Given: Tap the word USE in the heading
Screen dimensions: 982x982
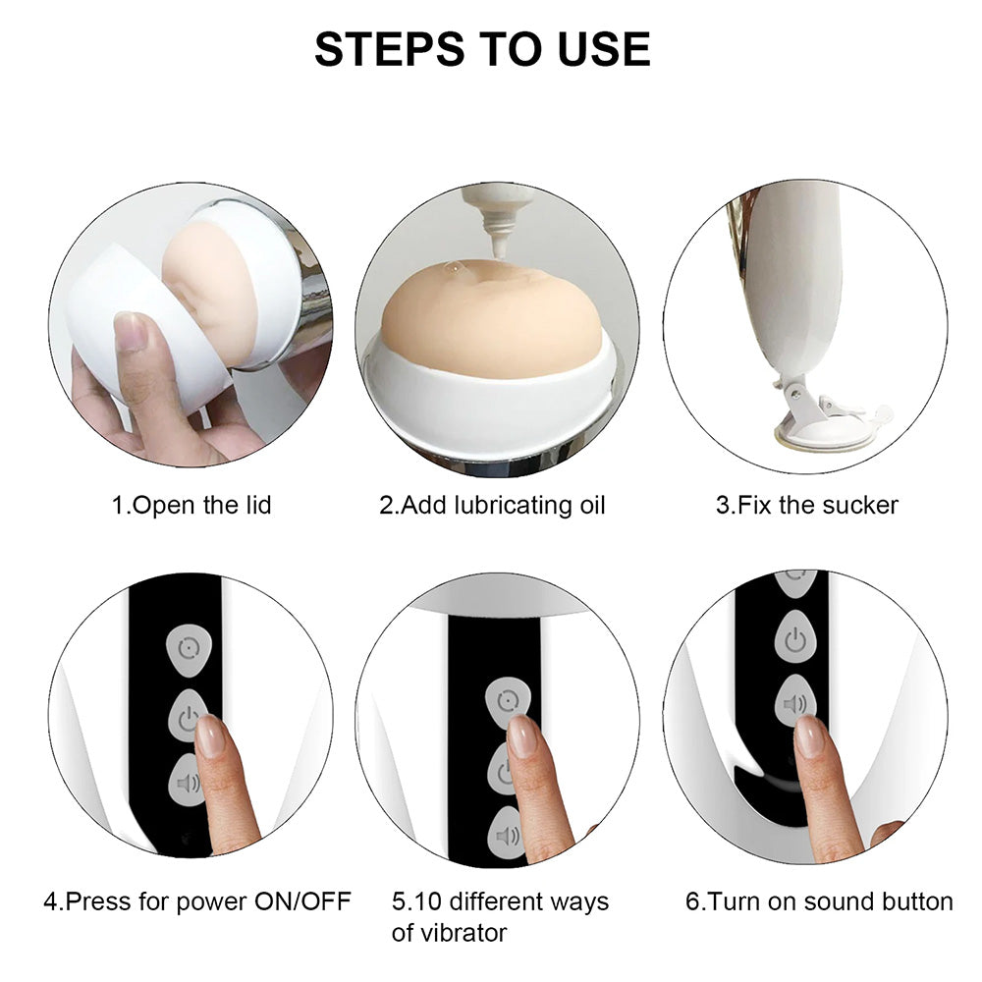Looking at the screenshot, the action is tap(604, 49).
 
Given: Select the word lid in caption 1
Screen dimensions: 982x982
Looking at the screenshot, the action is tap(258, 505).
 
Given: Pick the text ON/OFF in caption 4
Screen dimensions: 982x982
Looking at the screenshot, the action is tap(302, 901).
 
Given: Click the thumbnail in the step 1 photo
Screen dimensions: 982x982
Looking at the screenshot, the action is tap(131, 331).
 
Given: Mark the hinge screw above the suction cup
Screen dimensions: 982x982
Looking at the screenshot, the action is tap(794, 394).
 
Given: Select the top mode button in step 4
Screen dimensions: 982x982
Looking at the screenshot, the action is tap(189, 649).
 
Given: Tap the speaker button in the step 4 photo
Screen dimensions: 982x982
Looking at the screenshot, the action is tap(187, 781).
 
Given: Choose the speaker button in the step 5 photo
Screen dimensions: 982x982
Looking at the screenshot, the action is tap(507, 834).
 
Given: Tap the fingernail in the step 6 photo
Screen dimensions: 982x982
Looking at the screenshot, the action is tap(810, 736).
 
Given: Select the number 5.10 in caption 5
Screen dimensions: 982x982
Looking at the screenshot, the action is tap(417, 901).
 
